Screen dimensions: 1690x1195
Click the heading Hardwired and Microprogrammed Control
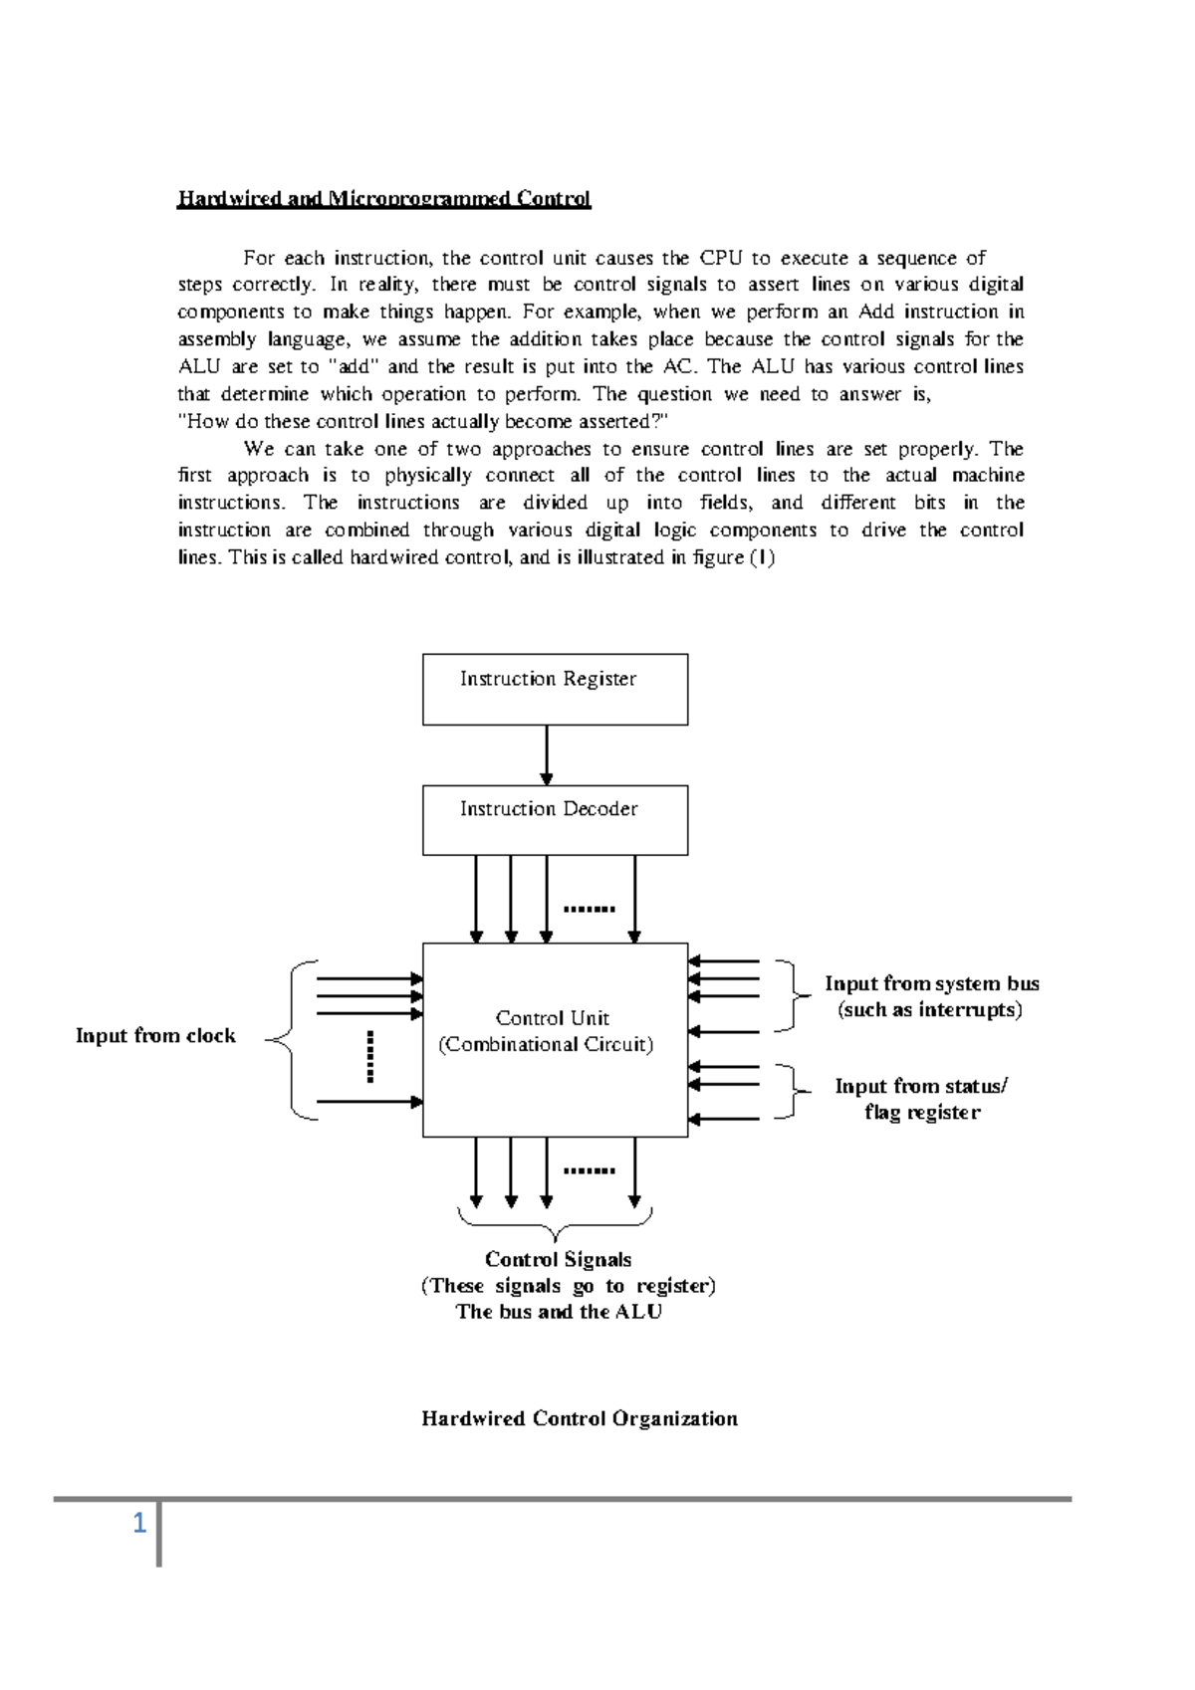tap(383, 199)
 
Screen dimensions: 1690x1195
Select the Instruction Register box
tap(555, 689)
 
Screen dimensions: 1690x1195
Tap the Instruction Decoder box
tap(555, 820)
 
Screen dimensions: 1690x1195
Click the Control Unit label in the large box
tap(552, 1017)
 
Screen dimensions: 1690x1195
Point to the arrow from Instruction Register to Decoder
tap(546, 755)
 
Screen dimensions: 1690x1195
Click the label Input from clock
tap(155, 1035)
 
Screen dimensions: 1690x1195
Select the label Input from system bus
tap(931, 983)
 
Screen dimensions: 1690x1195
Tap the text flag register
tap(922, 1112)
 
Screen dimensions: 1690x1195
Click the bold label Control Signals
tap(558, 1259)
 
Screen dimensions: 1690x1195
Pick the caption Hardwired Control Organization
tap(580, 1418)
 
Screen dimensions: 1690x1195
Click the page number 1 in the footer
tap(139, 1523)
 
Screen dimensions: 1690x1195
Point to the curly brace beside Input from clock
tap(289, 1040)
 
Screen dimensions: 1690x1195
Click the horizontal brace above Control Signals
tap(555, 1220)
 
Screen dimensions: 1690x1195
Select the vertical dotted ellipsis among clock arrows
tap(369, 1057)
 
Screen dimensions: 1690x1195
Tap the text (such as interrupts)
tap(930, 1009)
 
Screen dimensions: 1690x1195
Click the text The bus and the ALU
tap(559, 1311)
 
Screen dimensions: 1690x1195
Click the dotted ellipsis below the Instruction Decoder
tap(589, 908)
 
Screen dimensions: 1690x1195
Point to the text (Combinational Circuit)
tap(546, 1044)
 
